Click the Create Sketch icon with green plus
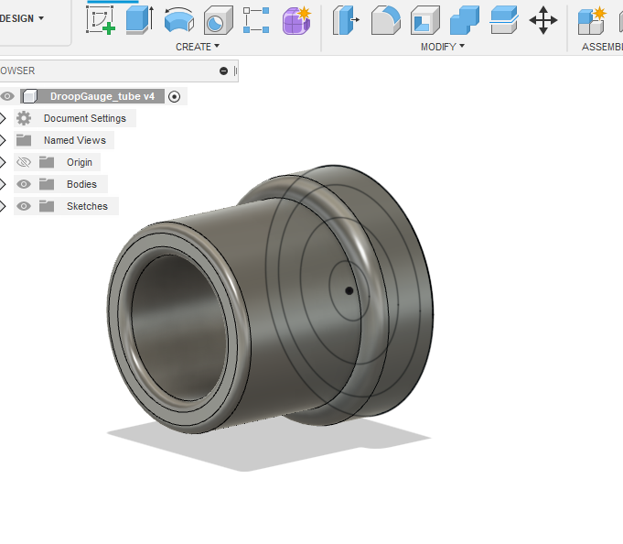click(101, 19)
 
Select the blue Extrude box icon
click(139, 19)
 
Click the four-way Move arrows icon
click(543, 19)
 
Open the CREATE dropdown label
click(198, 47)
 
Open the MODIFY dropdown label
click(443, 47)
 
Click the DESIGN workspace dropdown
click(22, 18)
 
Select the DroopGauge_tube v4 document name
click(102, 96)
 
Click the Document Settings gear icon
click(24, 118)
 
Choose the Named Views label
click(74, 140)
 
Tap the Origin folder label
click(80, 162)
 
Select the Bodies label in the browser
click(81, 184)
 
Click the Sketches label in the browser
click(87, 206)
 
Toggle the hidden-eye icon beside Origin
click(24, 162)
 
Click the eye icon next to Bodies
click(24, 184)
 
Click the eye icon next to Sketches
click(24, 206)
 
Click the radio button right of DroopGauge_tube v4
click(175, 96)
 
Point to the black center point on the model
click(349, 291)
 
